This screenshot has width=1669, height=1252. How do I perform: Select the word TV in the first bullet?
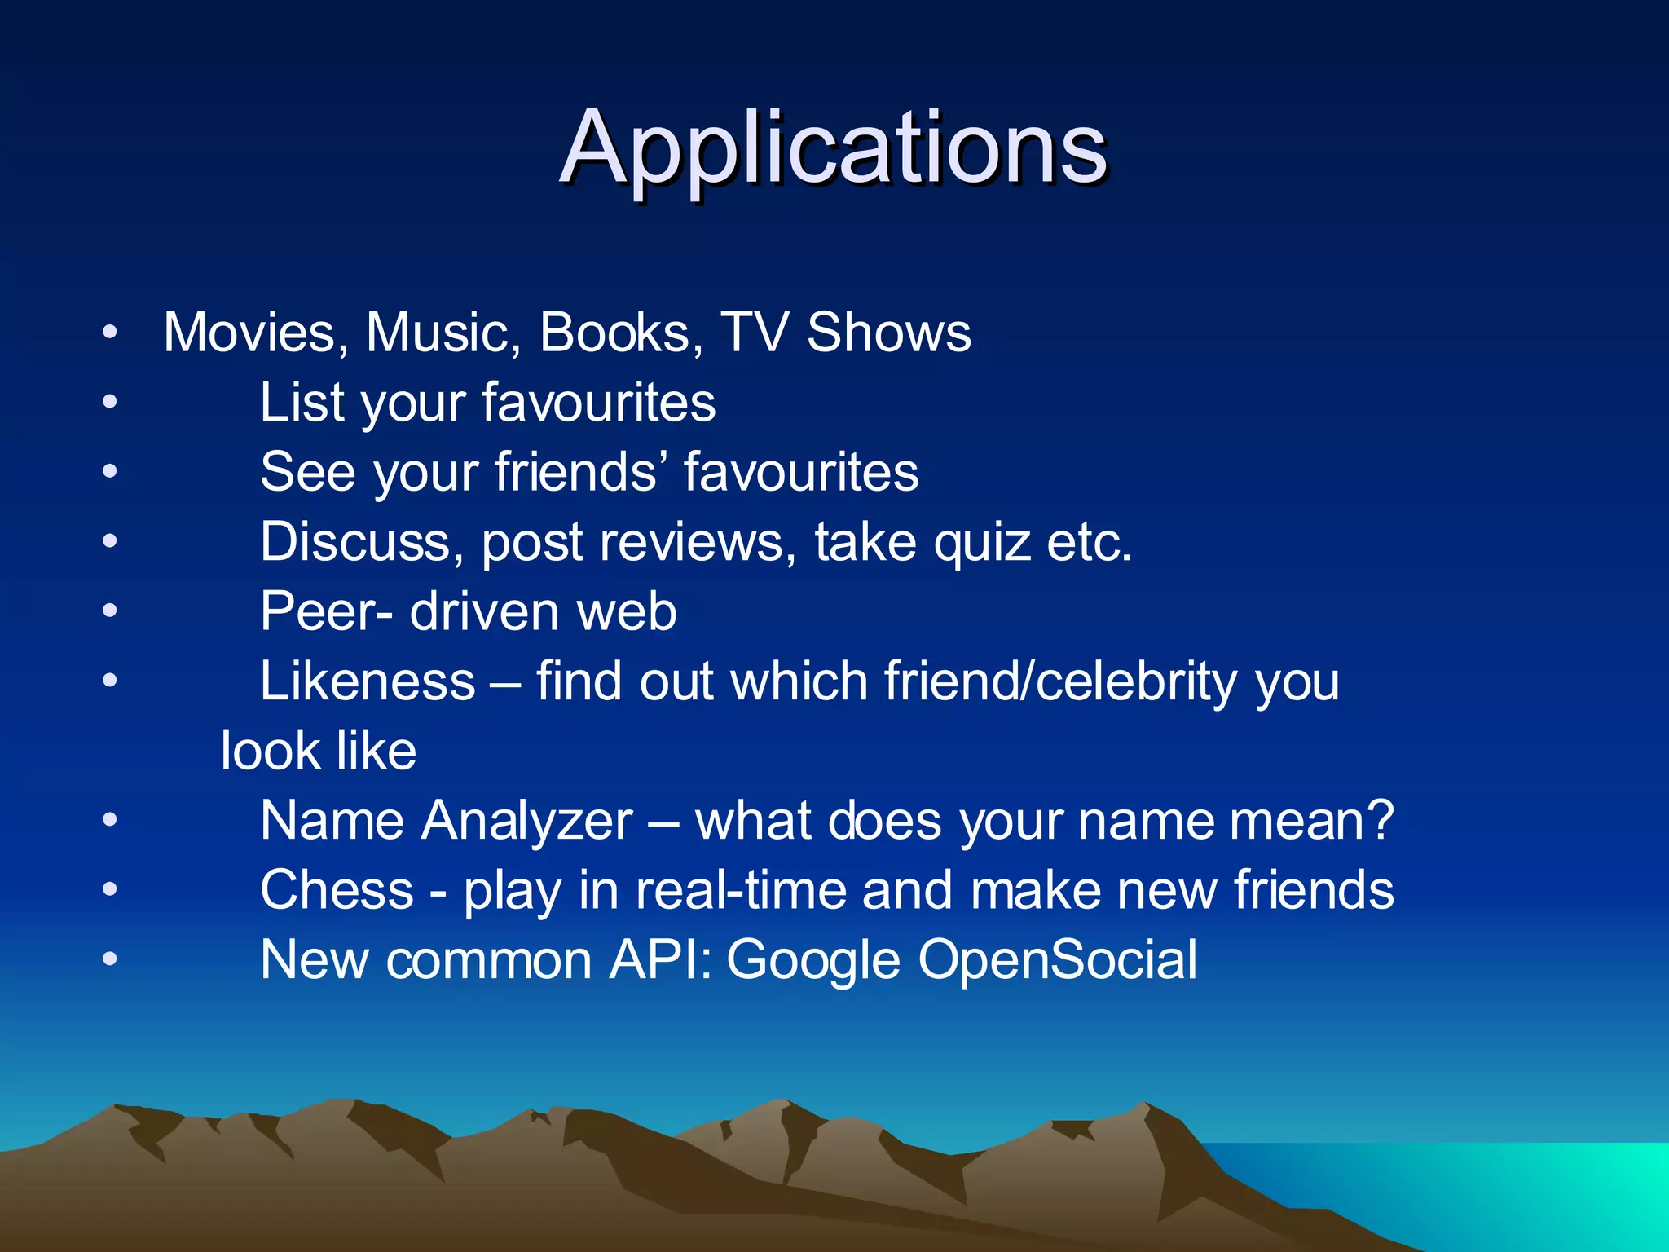pyautogui.click(x=755, y=333)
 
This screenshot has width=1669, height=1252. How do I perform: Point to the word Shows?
pyautogui.click(x=889, y=333)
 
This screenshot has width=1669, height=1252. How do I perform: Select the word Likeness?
pyautogui.click(x=368, y=681)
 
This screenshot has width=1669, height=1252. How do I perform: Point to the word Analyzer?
pyautogui.click(x=527, y=821)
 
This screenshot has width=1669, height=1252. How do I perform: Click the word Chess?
pyautogui.click(x=337, y=890)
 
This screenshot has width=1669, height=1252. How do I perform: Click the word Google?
pyautogui.click(x=813, y=960)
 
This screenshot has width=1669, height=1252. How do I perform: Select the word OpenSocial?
pyautogui.click(x=1058, y=960)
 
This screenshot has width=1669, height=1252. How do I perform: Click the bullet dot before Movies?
pyautogui.click(x=110, y=333)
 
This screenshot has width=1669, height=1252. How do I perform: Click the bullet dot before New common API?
pyautogui.click(x=110, y=959)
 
